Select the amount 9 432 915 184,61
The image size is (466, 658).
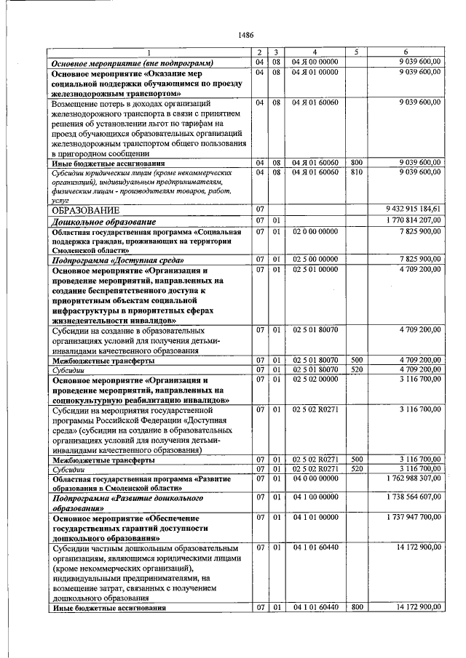413,209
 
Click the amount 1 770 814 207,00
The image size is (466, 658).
413,220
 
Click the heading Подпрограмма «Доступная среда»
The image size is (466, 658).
117,259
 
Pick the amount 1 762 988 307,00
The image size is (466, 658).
413,479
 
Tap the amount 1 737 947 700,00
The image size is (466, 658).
413,517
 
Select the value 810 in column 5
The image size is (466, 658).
356,172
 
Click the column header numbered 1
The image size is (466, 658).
149,53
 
